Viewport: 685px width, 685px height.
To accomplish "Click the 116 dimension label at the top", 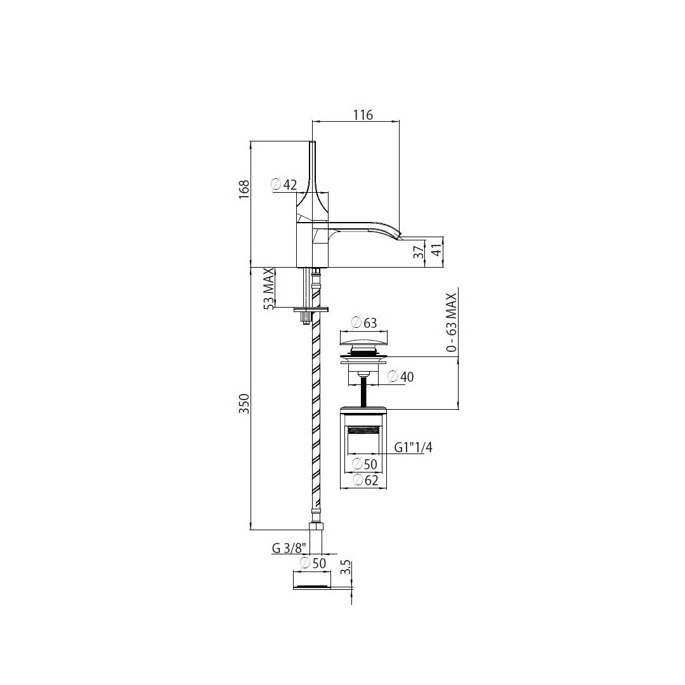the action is [x=363, y=115].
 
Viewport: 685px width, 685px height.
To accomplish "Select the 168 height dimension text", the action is [x=244, y=189].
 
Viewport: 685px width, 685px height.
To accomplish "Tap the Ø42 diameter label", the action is [x=284, y=185].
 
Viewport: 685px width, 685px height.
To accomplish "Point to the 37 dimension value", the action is [x=419, y=252].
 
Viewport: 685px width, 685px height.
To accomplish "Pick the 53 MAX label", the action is [x=269, y=289].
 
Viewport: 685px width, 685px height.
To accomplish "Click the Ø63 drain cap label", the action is [x=364, y=323].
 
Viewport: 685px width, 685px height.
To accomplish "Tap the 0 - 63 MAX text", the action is [x=452, y=322].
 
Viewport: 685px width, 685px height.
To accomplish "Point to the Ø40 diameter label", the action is [x=401, y=377].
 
